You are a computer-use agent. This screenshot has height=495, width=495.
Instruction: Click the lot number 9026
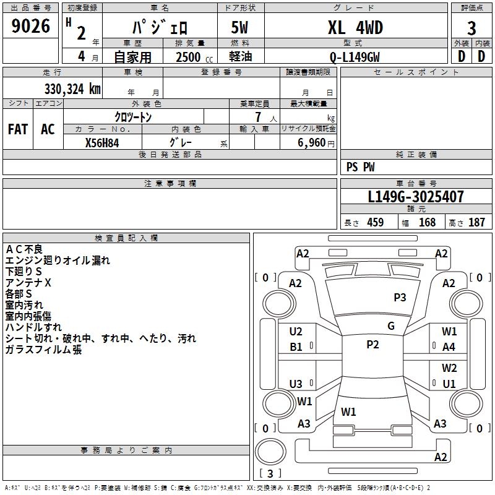tap(31, 27)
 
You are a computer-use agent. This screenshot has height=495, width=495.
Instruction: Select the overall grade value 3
tap(471, 28)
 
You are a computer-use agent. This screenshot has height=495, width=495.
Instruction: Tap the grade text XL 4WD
tap(355, 28)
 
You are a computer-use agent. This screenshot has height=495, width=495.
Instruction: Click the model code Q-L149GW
tap(355, 57)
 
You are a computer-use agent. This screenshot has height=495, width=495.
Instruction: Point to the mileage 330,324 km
tap(72, 88)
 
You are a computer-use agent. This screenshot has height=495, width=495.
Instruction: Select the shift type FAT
tap(17, 129)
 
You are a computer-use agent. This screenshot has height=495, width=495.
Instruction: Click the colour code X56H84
tap(102, 143)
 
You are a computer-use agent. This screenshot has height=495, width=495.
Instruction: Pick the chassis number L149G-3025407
tap(415, 197)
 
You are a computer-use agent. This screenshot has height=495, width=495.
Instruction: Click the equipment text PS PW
tap(361, 167)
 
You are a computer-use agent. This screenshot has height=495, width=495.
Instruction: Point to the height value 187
tap(476, 223)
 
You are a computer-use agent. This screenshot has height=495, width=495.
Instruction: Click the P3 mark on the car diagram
tap(400, 298)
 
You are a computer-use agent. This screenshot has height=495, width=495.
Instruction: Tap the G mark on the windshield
tap(391, 326)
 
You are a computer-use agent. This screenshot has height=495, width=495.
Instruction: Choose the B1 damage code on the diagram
tap(296, 347)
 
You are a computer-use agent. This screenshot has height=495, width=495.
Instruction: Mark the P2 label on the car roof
tap(372, 345)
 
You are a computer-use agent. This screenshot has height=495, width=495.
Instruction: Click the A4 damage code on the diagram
tap(449, 347)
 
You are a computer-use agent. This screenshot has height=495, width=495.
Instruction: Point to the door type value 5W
tap(241, 28)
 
